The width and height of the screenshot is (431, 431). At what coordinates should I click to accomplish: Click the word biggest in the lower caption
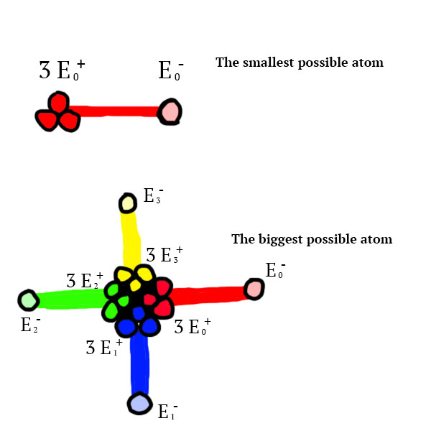(279, 239)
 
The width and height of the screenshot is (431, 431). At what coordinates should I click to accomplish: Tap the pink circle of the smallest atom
(170, 112)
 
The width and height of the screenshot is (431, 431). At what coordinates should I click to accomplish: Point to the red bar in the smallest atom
(119, 112)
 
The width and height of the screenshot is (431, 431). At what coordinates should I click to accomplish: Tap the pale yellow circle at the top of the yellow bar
(128, 203)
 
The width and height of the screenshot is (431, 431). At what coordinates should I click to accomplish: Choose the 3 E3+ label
(164, 255)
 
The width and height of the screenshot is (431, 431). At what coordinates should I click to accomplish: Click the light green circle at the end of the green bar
(27, 300)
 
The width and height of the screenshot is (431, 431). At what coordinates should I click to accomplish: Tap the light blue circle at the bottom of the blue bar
(139, 403)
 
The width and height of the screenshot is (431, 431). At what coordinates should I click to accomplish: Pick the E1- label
(168, 412)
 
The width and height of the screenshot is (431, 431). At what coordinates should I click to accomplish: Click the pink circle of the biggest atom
(253, 289)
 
